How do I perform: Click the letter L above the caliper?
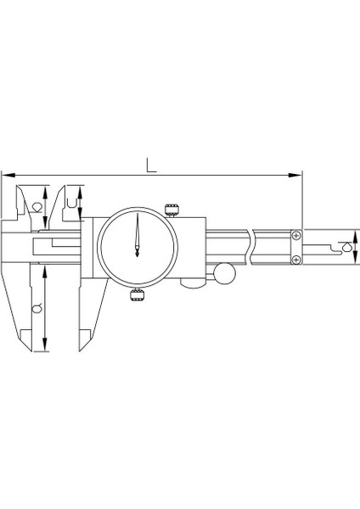click(x=150, y=163)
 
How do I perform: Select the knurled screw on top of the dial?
click(x=172, y=209)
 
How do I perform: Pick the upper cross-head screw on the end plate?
click(x=295, y=235)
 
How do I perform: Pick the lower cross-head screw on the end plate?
click(x=295, y=259)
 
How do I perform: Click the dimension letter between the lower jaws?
click(x=36, y=310)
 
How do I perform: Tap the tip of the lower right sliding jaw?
click(x=80, y=349)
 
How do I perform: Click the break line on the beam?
click(x=252, y=246)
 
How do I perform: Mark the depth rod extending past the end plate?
click(x=327, y=247)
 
